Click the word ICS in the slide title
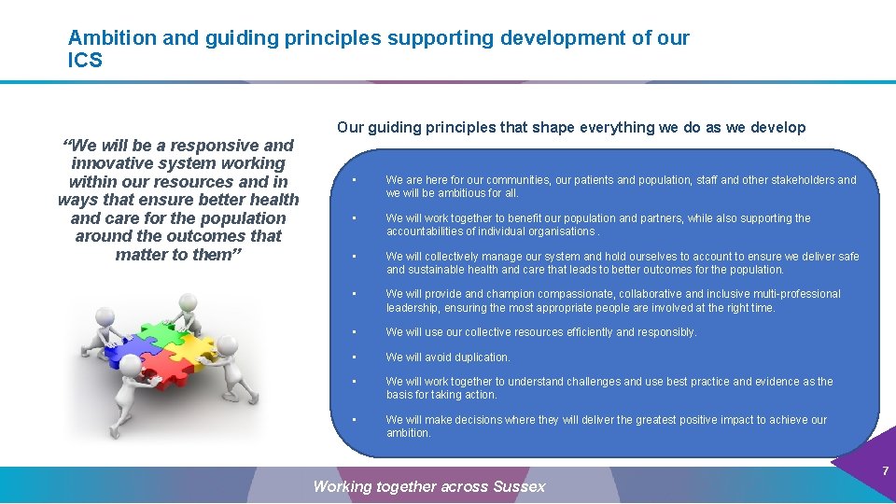click(85, 62)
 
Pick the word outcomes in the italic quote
click(206, 236)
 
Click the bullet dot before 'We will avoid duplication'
click(355, 357)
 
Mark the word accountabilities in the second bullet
click(429, 231)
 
